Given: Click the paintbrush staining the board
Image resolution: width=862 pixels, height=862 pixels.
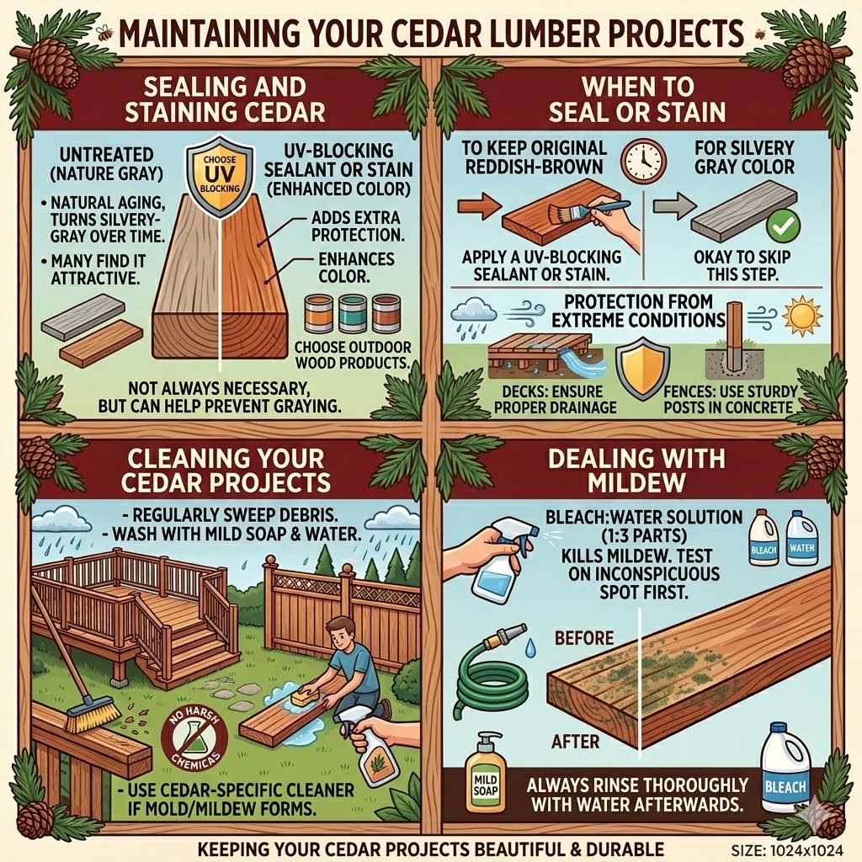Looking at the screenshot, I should (x=579, y=209).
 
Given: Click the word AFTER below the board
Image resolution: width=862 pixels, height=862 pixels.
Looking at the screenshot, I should (x=576, y=742).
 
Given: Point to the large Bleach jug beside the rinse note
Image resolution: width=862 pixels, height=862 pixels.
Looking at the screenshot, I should (x=785, y=769).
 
